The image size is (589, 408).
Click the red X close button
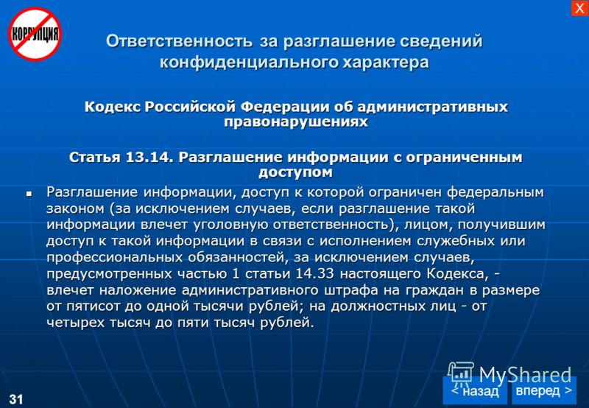(x=579, y=8)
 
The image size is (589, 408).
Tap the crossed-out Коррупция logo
(x=35, y=34)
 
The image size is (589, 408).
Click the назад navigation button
(x=474, y=390)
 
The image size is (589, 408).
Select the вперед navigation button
(x=544, y=390)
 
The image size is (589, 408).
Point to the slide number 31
(x=15, y=399)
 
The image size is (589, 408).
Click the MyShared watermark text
(x=525, y=375)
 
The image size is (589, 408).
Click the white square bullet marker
(x=29, y=194)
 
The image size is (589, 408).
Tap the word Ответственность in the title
(x=179, y=41)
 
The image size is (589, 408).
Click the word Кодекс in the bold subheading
(x=113, y=107)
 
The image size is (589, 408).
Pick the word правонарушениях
(x=296, y=122)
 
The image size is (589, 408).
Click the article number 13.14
(x=149, y=157)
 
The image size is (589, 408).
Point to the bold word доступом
(x=296, y=172)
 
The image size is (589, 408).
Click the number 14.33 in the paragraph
(x=315, y=273)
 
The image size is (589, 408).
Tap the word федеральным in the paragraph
(x=495, y=192)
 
